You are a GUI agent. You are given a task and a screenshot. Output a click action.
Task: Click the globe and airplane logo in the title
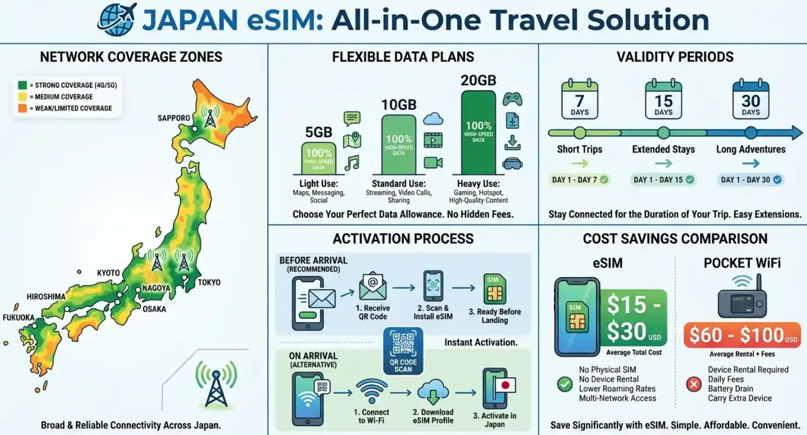[117, 19]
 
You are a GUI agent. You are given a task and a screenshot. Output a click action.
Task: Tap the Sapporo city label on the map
[173, 118]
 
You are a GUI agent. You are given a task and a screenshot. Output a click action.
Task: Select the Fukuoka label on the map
[18, 317]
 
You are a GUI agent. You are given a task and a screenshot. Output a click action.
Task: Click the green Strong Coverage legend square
[23, 85]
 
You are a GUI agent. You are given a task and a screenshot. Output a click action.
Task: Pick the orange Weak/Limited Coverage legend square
[23, 108]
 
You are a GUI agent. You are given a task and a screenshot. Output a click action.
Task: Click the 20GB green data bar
[478, 132]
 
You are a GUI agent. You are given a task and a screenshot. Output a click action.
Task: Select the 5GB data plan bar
[318, 158]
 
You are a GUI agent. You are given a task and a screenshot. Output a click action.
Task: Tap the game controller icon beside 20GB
[512, 98]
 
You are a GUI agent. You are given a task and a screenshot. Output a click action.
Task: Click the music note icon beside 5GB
[352, 163]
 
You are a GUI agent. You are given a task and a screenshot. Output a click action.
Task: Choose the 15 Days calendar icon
[663, 99]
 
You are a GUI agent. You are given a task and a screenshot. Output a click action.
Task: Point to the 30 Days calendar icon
[750, 99]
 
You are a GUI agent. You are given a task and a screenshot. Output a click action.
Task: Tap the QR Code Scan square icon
[403, 351]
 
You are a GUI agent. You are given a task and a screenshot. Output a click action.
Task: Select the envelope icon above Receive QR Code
[373, 287]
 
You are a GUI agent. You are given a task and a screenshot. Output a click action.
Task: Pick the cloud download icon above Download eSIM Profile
[433, 392]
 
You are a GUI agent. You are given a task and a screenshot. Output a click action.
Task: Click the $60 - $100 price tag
[741, 335]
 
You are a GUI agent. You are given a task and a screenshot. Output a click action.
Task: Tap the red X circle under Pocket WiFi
[694, 384]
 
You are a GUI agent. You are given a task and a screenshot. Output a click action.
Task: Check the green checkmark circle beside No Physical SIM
[565, 384]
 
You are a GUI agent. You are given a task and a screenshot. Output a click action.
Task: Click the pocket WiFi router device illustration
[742, 300]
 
